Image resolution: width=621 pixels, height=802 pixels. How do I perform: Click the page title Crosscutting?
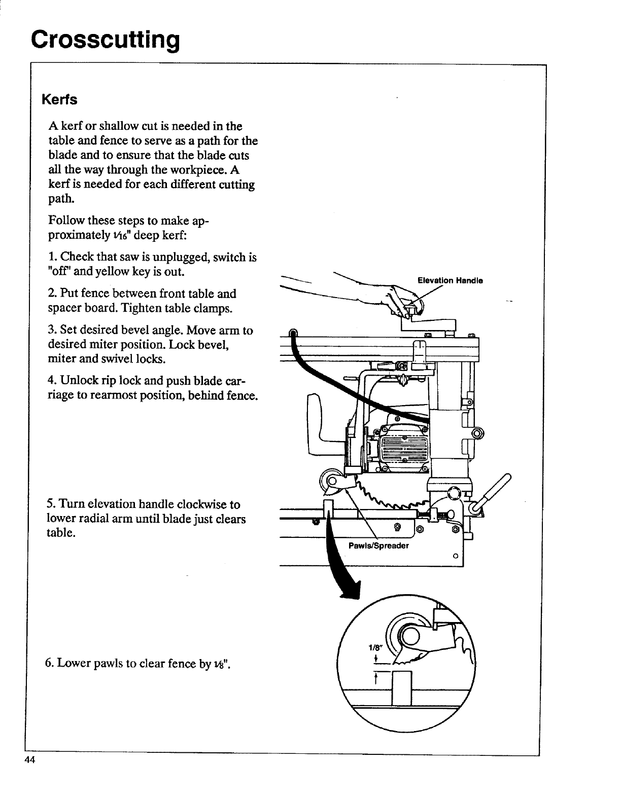coord(105,38)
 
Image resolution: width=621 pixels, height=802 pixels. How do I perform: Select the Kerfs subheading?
coord(60,100)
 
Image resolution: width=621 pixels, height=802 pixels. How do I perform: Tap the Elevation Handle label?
coord(450,280)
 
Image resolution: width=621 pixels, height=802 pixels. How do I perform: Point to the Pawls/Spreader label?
coord(378,546)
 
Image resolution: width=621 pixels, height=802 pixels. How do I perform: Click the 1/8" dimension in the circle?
coord(374,647)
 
